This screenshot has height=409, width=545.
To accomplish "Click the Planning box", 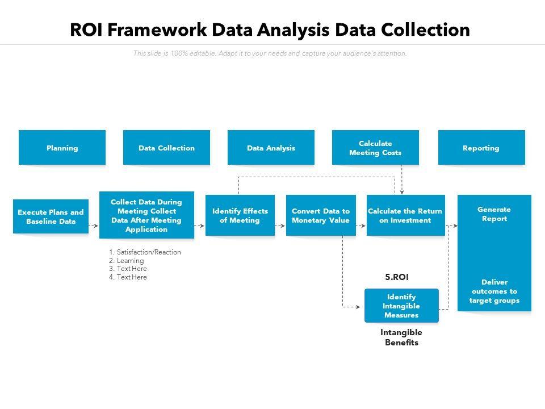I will click(x=62, y=148).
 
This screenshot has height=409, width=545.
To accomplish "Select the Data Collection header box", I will click(x=166, y=148).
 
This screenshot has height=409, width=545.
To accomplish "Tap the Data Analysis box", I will click(x=271, y=148).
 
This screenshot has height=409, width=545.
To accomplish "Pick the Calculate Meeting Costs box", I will click(x=375, y=148).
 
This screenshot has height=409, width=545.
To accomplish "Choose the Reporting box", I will click(x=481, y=148).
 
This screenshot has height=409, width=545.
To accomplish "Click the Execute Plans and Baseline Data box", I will click(x=51, y=216).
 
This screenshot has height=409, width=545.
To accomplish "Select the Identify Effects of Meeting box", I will click(x=240, y=215).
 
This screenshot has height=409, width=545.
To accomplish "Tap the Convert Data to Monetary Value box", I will click(x=321, y=215).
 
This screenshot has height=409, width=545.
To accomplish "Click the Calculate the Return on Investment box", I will click(x=405, y=215).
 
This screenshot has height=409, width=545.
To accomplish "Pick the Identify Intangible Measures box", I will click(x=401, y=306).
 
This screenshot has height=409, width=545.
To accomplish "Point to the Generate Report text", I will click(x=494, y=214).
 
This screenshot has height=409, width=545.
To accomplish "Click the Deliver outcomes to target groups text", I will click(x=494, y=291).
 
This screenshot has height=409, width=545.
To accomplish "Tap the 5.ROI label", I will click(x=397, y=277).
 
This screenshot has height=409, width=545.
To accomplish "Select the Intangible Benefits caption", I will click(x=401, y=337).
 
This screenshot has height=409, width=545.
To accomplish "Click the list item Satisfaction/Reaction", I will click(x=145, y=252).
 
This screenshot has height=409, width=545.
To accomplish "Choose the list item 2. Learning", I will click(x=127, y=261).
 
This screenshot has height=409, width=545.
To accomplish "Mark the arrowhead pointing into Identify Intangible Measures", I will click(x=361, y=307).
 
